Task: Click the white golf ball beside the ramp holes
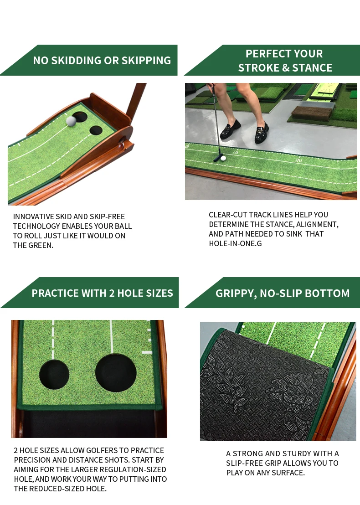tap(71, 121)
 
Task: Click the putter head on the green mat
tap(218, 159)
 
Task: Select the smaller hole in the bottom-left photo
tap(54, 374)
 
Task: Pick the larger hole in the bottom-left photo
tap(116, 372)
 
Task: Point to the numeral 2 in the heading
tap(110, 293)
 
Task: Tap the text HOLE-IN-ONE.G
tap(235, 243)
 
